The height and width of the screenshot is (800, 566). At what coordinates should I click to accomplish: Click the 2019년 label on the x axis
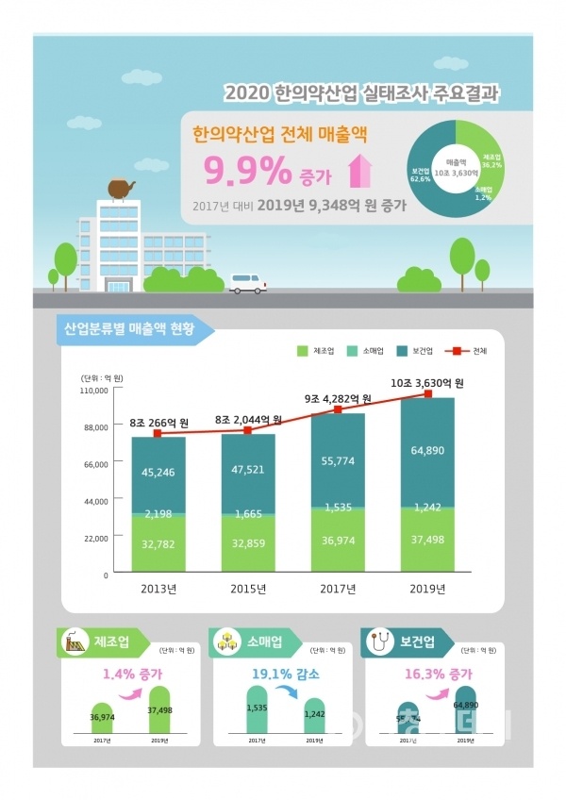pyautogui.click(x=428, y=590)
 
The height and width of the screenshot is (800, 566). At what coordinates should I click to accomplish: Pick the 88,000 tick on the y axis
pyautogui.click(x=94, y=426)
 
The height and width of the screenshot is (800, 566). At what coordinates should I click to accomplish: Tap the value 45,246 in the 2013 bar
pyautogui.click(x=158, y=475)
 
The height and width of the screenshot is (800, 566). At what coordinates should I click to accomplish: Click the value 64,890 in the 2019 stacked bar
pyautogui.click(x=428, y=451)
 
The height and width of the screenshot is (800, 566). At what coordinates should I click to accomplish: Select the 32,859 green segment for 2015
pyautogui.click(x=248, y=544)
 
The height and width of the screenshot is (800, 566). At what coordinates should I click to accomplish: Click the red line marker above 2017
pyautogui.click(x=338, y=410)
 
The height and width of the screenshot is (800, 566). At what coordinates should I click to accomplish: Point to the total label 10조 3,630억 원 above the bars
pyautogui.click(x=429, y=382)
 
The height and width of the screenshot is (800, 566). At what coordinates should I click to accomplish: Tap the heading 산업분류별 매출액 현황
pyautogui.click(x=130, y=329)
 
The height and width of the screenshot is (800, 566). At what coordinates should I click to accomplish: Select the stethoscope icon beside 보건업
pyautogui.click(x=379, y=643)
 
